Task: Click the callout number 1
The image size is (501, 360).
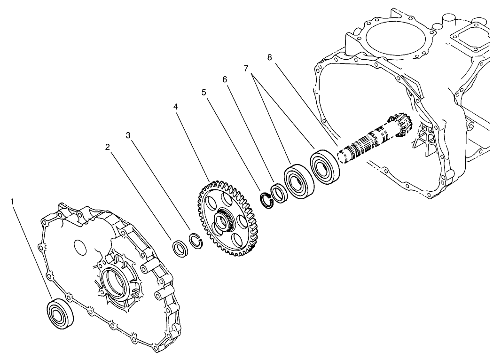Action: pos(13,202)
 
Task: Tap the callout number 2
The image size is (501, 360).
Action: pos(108,147)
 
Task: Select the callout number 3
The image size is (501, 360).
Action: pos(128,135)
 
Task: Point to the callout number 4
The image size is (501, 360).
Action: pos(175,107)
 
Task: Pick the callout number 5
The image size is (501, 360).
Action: pos(204,92)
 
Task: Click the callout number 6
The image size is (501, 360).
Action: pos(225,79)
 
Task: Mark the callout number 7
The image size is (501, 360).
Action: pos(246,68)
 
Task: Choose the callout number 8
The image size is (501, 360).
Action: pos(269,57)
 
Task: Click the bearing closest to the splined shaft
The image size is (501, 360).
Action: pos(324,166)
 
